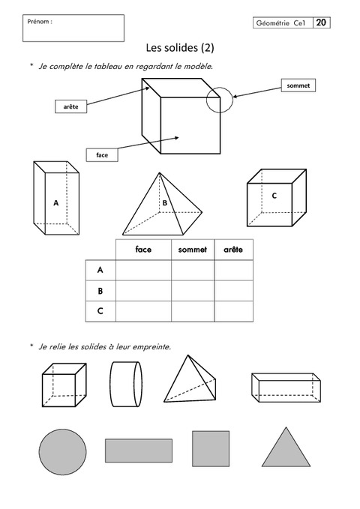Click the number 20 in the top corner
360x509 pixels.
(x=321, y=22)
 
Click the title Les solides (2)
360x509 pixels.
(x=180, y=48)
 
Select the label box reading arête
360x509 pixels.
(x=70, y=106)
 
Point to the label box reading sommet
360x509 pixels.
(x=298, y=85)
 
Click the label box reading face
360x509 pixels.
(x=102, y=155)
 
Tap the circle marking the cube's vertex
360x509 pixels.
(x=220, y=87)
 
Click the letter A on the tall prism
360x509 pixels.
(x=56, y=203)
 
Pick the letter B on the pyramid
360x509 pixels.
(x=165, y=203)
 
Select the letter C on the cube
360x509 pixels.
(x=274, y=196)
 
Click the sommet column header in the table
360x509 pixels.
(x=192, y=250)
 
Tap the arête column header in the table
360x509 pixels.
(x=233, y=250)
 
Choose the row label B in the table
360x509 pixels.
(x=100, y=291)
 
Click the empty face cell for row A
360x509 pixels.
(x=143, y=270)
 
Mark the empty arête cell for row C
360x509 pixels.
(x=233, y=311)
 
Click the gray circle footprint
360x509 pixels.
(x=63, y=452)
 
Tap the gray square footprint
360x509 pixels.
(x=211, y=448)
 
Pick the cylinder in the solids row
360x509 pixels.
(x=126, y=385)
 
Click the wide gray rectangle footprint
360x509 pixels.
(x=139, y=451)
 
